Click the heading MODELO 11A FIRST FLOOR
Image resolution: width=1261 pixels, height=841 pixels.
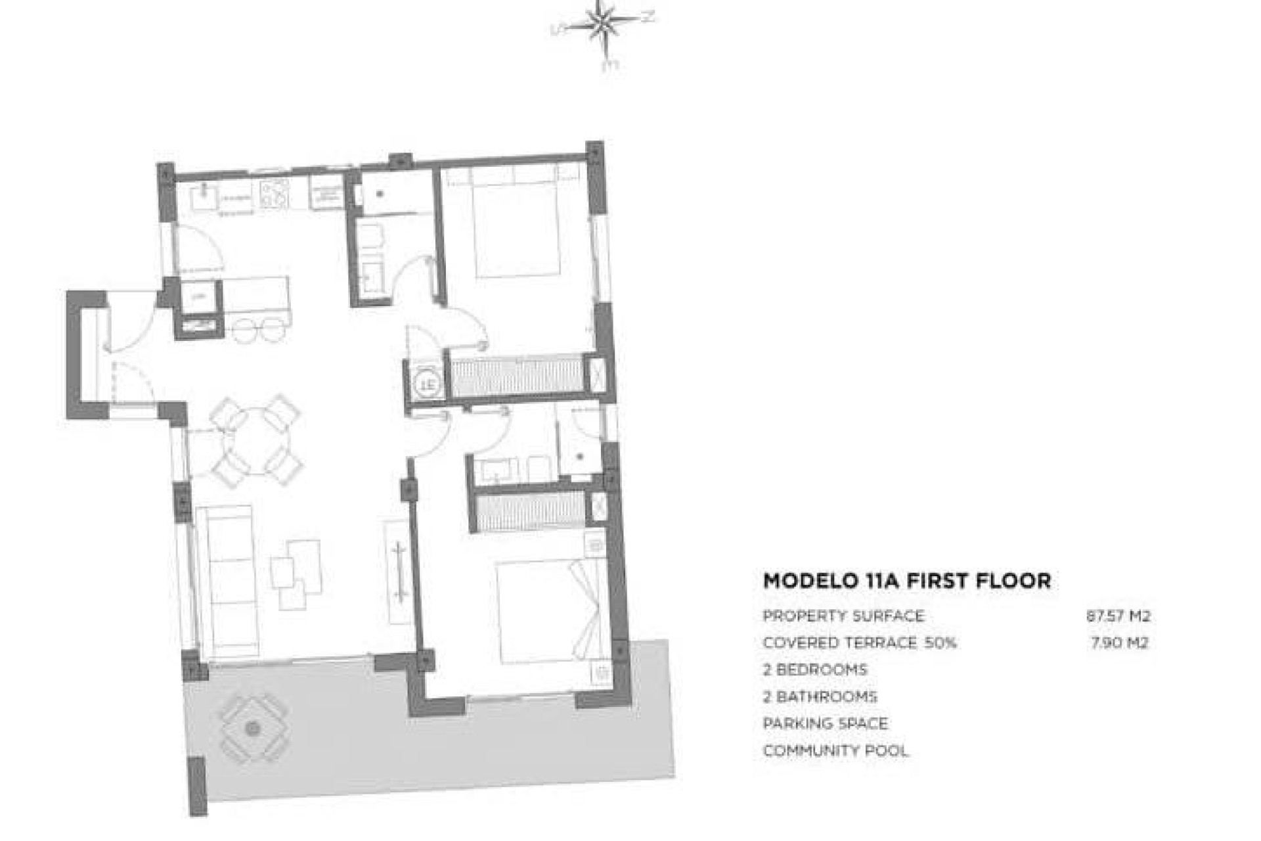(x=906, y=581)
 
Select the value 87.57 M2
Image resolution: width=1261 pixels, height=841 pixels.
(x=1118, y=616)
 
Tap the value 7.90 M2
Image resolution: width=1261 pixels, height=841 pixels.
(x=1119, y=643)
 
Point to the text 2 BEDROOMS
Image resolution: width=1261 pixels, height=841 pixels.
(x=814, y=670)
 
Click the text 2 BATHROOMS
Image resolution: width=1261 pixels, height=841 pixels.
(x=820, y=696)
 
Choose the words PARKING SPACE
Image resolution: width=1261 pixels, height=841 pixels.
(x=825, y=723)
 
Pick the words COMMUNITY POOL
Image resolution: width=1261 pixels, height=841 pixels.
(x=835, y=750)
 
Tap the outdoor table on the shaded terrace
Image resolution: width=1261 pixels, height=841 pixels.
(x=254, y=728)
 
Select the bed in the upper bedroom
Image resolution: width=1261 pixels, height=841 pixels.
(x=517, y=227)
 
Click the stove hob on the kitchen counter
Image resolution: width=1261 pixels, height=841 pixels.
(x=275, y=193)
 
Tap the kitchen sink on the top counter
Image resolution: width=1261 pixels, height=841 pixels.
(x=204, y=195)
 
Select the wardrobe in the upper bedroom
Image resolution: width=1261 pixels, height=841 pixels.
(x=517, y=376)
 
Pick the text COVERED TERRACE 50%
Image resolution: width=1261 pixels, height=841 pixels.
(x=859, y=643)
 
